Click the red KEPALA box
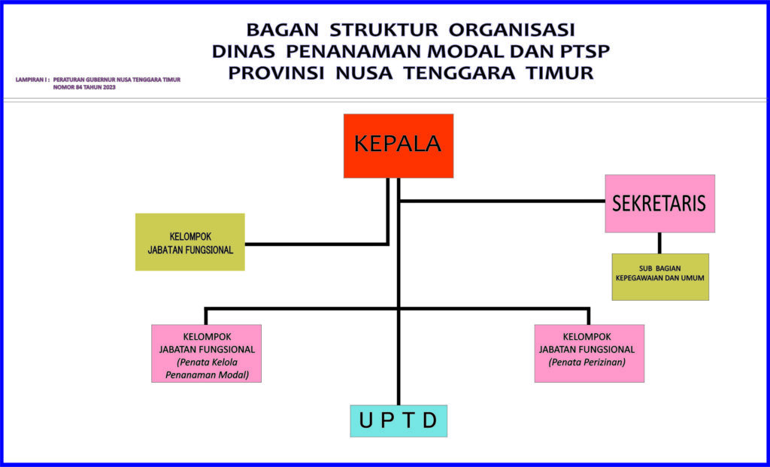[x=399, y=146]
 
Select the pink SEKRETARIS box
[x=660, y=203]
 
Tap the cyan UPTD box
[x=399, y=421]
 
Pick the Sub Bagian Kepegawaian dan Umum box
[x=660, y=277]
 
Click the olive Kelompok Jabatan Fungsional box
[x=190, y=242]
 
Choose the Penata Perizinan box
[x=590, y=353]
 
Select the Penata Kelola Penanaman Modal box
[x=206, y=353]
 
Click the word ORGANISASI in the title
[x=511, y=30]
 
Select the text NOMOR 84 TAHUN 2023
[x=84, y=87]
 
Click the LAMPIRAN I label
[x=32, y=80]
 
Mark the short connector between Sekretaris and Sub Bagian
[x=659, y=243]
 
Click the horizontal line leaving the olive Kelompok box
[x=317, y=244]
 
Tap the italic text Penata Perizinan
[x=587, y=363]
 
